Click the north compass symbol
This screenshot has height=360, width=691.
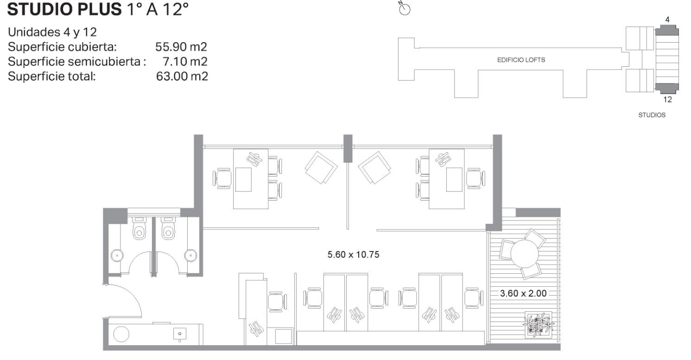pos(405,9)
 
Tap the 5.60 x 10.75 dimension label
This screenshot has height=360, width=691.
pos(353,254)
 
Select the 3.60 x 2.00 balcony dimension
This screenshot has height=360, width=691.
pos(523,293)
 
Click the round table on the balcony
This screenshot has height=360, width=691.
pos(525,253)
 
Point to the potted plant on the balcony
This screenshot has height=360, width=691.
pos(539,324)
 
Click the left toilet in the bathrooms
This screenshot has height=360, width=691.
pos(139,228)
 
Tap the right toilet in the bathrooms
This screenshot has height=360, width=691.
pos(168,228)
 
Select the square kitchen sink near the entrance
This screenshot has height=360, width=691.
pos(179,334)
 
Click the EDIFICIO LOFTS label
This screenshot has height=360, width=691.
pos(521,60)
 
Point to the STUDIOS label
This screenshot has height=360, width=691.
pos(652,115)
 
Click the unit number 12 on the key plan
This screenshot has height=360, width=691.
pos(667,99)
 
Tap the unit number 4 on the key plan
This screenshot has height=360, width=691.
pos(667,20)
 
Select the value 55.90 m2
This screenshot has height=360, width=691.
pos(181,47)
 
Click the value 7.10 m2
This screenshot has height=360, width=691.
pos(185,62)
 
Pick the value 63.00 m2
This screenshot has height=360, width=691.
pos(182,76)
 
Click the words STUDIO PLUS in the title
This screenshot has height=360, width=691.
pos(64,9)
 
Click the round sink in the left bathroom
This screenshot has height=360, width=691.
pos(117,255)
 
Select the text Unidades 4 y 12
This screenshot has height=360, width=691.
pos(52,32)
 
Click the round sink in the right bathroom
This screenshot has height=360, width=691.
pos(190,255)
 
